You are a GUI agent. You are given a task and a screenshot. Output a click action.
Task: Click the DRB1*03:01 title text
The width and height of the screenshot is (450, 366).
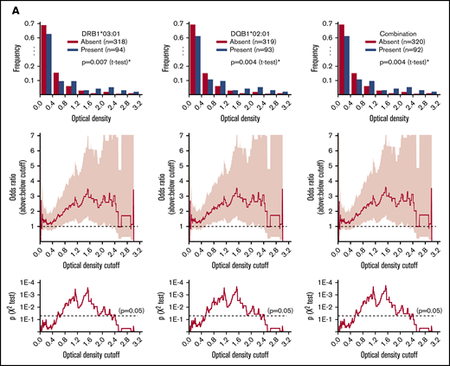96,25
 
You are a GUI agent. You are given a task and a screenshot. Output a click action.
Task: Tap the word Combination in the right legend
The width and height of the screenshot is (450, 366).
387,25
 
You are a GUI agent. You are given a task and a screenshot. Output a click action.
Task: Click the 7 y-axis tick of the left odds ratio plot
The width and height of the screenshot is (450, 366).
30,135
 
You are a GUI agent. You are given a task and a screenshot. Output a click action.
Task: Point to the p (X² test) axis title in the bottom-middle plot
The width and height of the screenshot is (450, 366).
158,307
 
